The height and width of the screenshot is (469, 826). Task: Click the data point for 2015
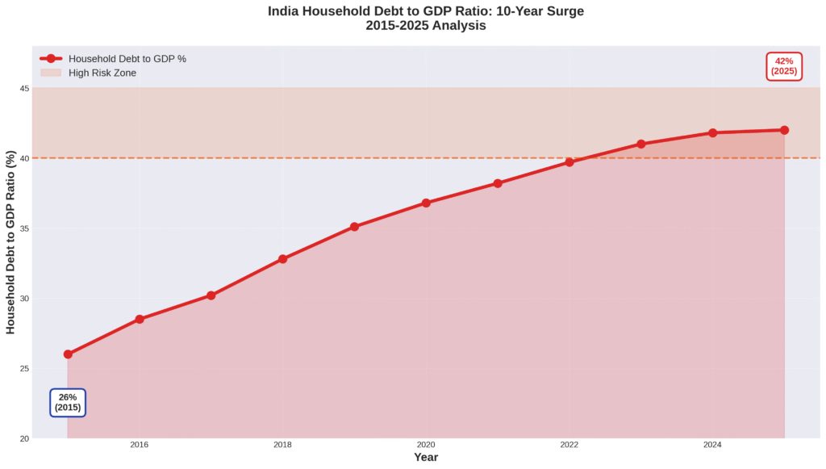[x=68, y=354]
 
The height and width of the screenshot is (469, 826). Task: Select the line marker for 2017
[x=211, y=295]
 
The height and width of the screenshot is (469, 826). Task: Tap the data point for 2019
[x=354, y=227]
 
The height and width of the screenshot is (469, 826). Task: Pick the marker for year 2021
[x=498, y=183]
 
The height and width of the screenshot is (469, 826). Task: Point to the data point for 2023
[x=641, y=144]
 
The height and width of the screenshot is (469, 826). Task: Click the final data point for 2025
[x=784, y=130]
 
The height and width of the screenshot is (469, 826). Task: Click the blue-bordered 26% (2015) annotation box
[x=68, y=402]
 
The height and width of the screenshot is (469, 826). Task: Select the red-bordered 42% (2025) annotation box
[x=784, y=66]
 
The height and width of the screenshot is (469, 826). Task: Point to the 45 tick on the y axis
[x=25, y=88]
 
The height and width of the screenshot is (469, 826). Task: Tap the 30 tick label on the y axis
[x=25, y=299]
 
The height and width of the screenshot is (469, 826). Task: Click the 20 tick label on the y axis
[x=25, y=438]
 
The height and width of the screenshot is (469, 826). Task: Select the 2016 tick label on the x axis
[x=140, y=445]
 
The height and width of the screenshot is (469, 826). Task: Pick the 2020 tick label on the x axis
[x=426, y=445]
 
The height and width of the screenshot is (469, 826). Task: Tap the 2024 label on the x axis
[x=712, y=445]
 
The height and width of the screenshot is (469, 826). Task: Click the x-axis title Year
[x=426, y=458]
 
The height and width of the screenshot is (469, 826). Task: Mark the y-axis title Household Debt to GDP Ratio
[x=10, y=242]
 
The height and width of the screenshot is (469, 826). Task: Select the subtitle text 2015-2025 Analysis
[x=426, y=25]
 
